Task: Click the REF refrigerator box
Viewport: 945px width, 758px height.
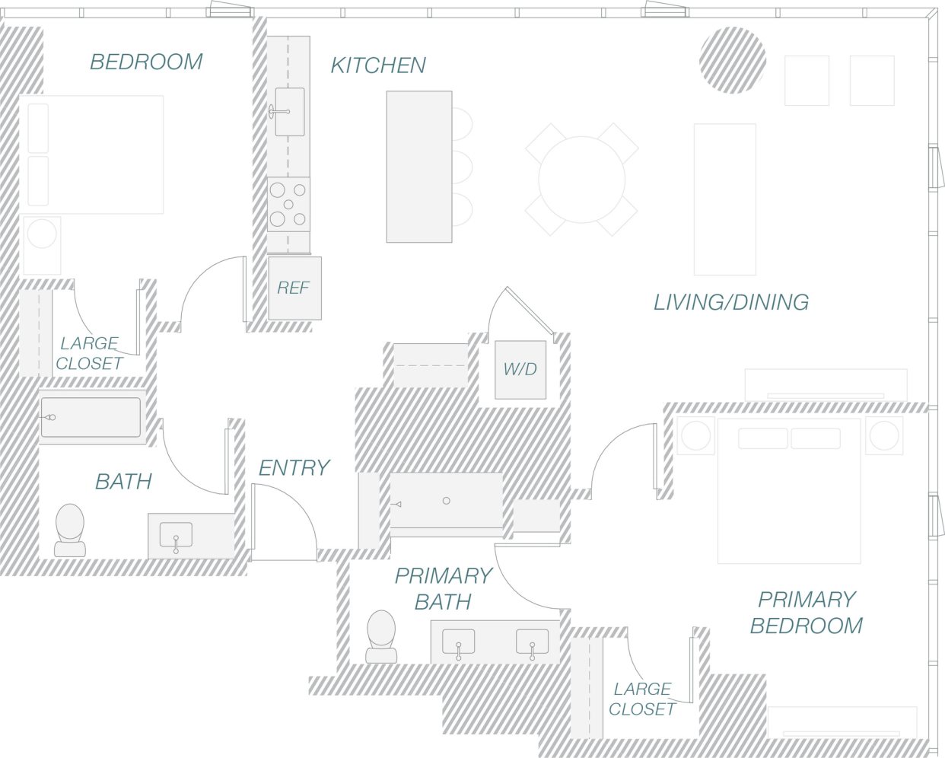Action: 294,288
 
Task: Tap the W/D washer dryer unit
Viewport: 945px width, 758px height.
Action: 520,369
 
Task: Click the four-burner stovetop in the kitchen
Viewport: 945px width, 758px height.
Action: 288,204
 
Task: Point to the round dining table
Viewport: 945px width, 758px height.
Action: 581,180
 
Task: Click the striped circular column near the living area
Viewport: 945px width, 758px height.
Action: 733,60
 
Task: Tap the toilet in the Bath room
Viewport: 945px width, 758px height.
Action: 70,528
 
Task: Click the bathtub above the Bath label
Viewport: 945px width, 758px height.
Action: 91,417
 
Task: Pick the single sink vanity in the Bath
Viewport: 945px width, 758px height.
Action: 176,537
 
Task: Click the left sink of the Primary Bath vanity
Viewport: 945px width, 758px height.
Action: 458,642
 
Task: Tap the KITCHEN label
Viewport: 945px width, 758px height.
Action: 378,65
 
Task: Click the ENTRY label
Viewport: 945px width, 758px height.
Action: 294,467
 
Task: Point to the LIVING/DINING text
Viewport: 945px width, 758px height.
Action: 730,302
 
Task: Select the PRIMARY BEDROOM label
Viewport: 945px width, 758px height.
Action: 806,613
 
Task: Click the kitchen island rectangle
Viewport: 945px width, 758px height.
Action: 418,167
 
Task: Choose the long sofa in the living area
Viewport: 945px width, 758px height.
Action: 724,199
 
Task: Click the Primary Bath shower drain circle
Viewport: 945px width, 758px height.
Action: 447,501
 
